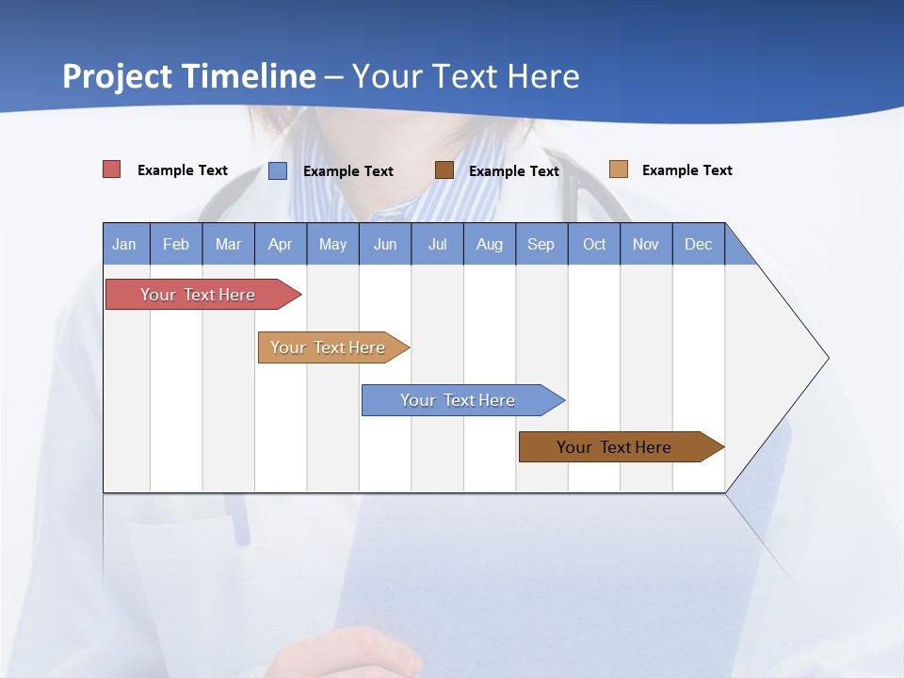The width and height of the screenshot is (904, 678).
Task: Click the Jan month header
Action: [x=124, y=245]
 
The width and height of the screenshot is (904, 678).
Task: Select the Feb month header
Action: [x=176, y=245]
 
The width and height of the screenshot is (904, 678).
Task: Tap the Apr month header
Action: [x=280, y=245]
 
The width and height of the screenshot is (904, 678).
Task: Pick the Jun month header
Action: [x=385, y=245]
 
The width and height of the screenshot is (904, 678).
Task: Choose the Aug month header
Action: [x=489, y=245]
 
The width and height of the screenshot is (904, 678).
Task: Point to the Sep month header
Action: [x=541, y=245]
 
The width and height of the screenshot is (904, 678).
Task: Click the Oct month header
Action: [x=594, y=245]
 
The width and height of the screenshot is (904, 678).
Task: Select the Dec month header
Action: [x=698, y=245]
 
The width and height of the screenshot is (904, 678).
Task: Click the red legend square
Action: [x=112, y=169]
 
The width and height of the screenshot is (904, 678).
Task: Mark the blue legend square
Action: [x=278, y=170]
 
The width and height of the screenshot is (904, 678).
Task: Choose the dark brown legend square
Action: [x=444, y=169]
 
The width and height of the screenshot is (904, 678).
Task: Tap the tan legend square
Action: [x=618, y=169]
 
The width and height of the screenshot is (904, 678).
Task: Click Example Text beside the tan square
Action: [x=686, y=170]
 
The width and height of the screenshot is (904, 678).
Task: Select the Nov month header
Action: [x=646, y=245]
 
